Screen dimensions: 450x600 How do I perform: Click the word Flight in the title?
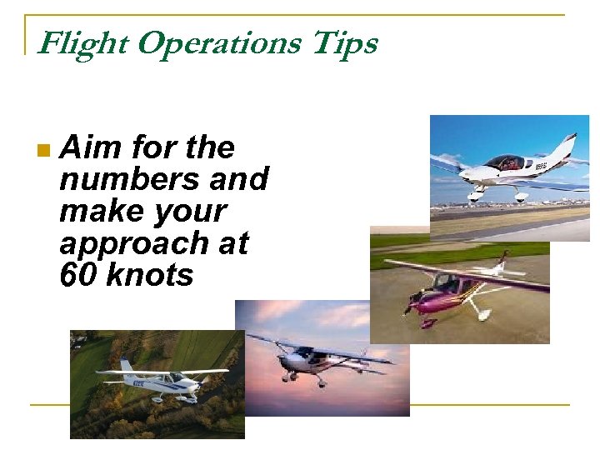point(82,43)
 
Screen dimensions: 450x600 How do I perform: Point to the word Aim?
point(90,148)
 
